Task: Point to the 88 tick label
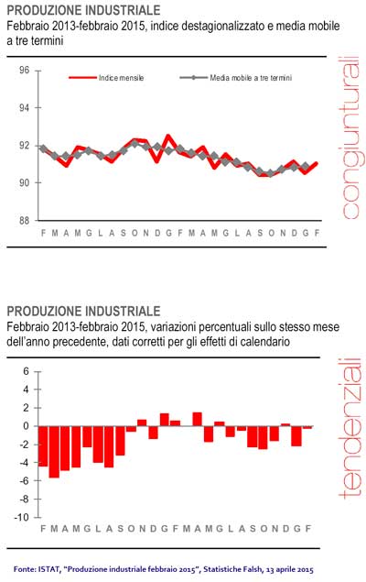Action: point(24,221)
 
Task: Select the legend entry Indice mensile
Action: point(106,78)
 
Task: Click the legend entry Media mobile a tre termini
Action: point(236,78)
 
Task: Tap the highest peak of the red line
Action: point(168,137)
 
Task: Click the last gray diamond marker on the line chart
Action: point(306,166)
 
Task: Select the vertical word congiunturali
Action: point(350,137)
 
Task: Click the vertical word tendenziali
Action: point(350,428)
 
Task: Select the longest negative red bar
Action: point(54,452)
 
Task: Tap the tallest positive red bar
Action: point(197,419)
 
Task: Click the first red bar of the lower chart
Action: point(43,446)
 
